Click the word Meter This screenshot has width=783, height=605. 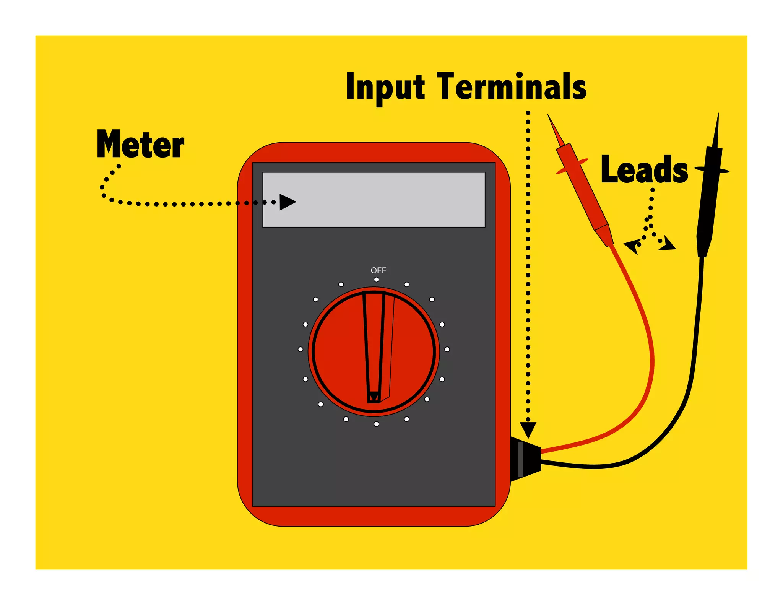click(x=140, y=144)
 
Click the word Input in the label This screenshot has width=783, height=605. click(x=385, y=87)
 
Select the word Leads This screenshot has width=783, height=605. click(x=644, y=169)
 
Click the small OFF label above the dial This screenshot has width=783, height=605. click(x=378, y=270)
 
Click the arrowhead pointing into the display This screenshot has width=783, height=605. click(x=287, y=202)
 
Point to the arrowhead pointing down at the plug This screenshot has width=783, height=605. click(x=528, y=429)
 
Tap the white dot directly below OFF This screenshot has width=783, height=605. click(x=377, y=280)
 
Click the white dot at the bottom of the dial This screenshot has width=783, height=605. click(x=377, y=424)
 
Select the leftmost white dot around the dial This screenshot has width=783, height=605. click(x=301, y=350)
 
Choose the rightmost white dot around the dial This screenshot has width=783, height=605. click(x=447, y=350)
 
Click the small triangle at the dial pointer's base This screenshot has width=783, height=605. click(x=374, y=397)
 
